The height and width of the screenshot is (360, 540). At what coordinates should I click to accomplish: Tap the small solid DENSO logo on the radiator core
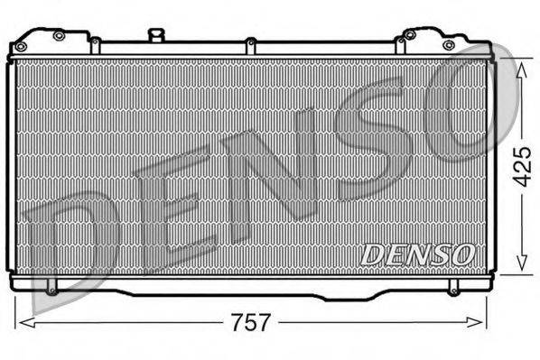pyautogui.click(x=417, y=254)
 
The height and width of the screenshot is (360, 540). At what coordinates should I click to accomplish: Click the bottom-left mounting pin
pyautogui.click(x=51, y=290)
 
